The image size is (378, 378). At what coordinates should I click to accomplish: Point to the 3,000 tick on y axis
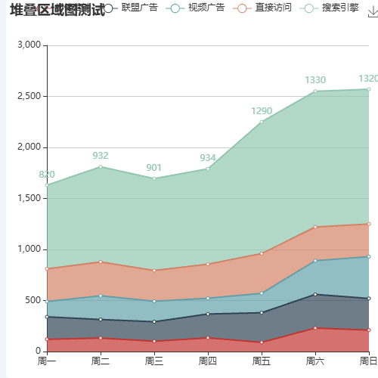click(26, 45)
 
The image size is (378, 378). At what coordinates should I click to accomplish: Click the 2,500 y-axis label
click(26, 97)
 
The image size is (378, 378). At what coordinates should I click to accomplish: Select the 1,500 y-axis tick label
click(26, 198)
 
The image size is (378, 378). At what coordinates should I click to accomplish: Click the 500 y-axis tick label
click(31, 300)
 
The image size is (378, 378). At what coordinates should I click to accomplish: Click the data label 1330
click(315, 80)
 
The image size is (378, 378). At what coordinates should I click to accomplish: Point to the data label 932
click(101, 156)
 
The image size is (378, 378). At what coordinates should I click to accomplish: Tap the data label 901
click(154, 168)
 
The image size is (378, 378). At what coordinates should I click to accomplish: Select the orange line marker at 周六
click(315, 227)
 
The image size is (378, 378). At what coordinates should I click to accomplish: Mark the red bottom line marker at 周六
click(315, 328)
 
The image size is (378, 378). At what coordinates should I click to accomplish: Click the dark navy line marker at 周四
click(208, 314)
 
